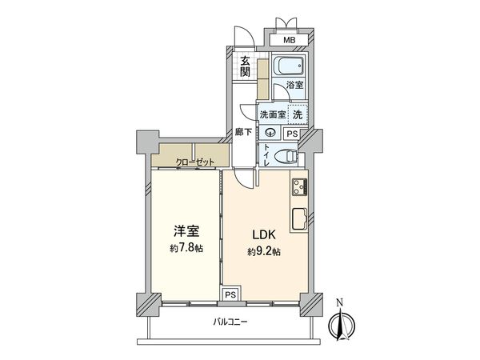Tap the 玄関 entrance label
(x=245, y=66)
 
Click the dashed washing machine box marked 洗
(x=297, y=114)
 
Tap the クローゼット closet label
(x=196, y=162)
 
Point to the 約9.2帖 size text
(x=265, y=251)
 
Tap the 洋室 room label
(x=186, y=232)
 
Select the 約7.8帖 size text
(x=186, y=249)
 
